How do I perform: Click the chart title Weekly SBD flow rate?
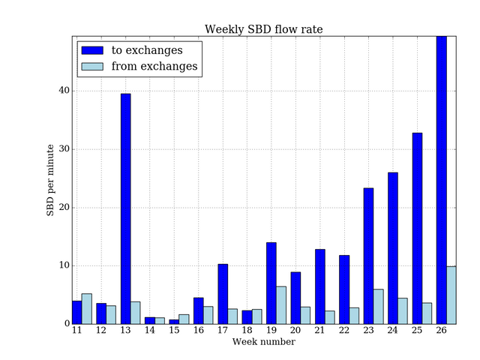[264, 29]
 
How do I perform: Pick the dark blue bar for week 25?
[417, 228]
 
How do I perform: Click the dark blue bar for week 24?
[392, 248]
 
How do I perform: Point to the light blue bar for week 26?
[451, 295]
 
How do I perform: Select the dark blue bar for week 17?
[223, 294]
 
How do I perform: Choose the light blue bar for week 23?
[378, 307]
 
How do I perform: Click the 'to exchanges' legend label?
[147, 50]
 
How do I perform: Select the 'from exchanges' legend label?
[154, 67]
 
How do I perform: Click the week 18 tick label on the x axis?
[247, 331]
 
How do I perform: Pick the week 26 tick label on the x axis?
[441, 331]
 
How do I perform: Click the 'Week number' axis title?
[263, 342]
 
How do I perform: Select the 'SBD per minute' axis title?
[51, 180]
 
